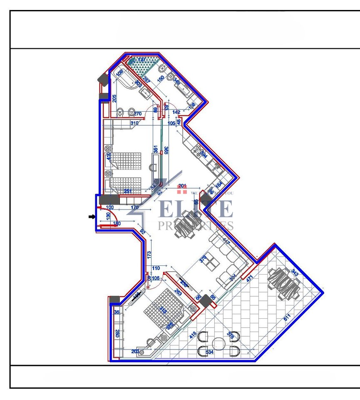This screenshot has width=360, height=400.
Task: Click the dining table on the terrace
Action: point(284,283)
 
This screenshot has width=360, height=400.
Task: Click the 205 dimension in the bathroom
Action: point(114,98)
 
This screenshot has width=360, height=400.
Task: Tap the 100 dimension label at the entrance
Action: point(109,207)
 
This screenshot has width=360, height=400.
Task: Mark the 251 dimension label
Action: point(128,191)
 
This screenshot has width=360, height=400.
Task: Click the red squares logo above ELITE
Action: point(182,190)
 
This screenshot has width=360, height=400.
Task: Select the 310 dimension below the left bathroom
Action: point(134,123)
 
